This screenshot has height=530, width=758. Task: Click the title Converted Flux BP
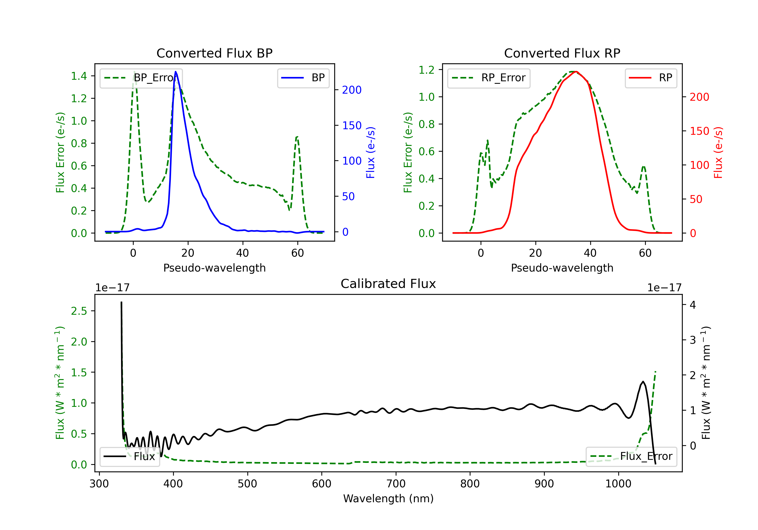coord(214,53)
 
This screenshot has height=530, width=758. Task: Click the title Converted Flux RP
coord(562,53)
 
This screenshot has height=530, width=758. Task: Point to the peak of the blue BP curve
coord(176,72)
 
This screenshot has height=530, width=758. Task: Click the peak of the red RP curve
coord(575,72)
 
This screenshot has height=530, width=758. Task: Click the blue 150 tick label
coord(352,126)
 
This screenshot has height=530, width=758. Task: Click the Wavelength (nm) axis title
coord(388,499)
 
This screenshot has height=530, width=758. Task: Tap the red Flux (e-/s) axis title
coord(718,152)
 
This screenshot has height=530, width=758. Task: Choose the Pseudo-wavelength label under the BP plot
coord(214,268)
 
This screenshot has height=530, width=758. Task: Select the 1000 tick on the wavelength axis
coord(618,484)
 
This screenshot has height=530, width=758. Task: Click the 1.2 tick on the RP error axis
coord(427,70)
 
